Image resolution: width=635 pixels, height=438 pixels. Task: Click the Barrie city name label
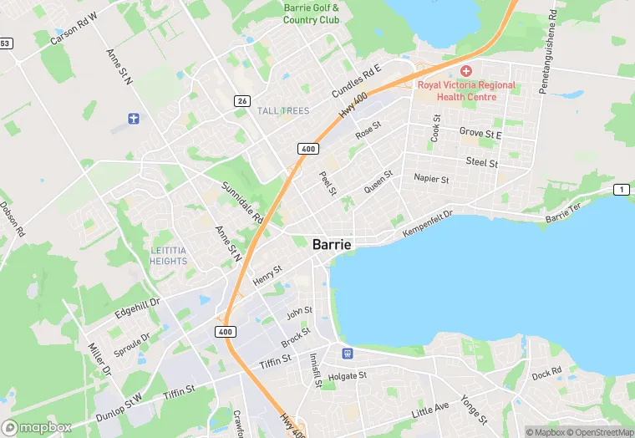[x=332, y=245]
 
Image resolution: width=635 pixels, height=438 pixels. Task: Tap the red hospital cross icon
[x=466, y=70]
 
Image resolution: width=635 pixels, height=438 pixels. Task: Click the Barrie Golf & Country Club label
[x=311, y=13]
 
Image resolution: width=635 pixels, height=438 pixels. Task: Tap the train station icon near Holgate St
[x=347, y=353]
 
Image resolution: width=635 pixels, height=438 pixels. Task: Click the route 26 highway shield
[x=241, y=101]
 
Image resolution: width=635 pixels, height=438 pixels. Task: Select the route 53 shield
[x=5, y=43]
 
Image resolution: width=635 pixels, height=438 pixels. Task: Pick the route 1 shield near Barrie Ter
[x=621, y=190]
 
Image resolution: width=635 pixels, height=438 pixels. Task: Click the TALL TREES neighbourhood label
[x=283, y=111]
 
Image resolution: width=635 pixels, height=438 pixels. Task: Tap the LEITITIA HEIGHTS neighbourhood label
[x=169, y=256]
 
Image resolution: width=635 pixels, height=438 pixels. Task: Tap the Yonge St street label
[x=474, y=408]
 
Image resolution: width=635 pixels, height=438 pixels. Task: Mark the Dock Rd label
[x=546, y=372]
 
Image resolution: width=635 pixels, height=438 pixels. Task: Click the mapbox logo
[x=37, y=427]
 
